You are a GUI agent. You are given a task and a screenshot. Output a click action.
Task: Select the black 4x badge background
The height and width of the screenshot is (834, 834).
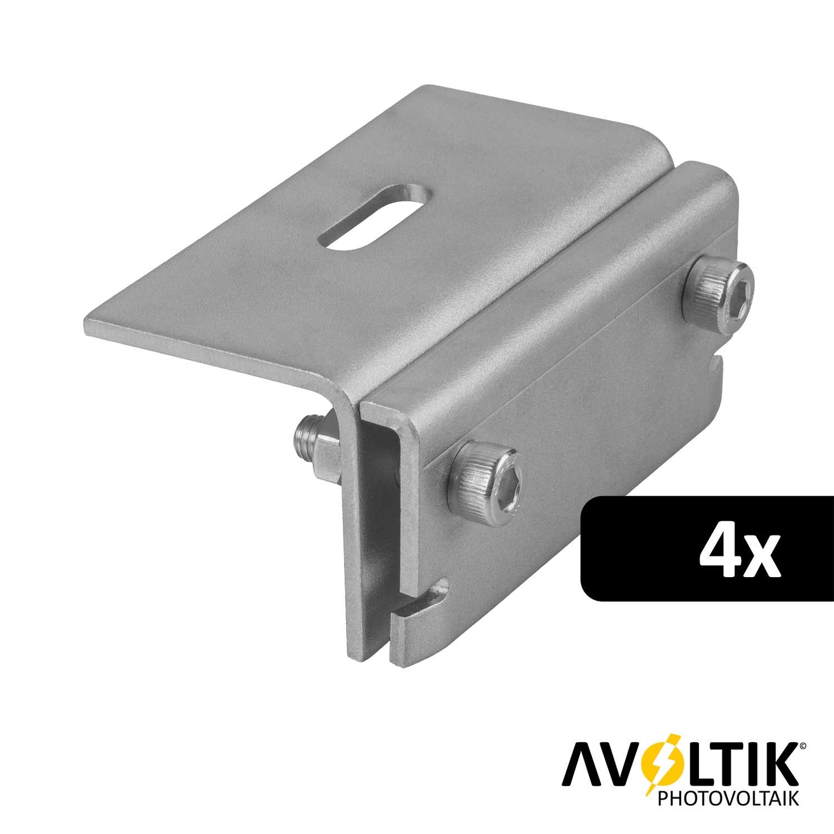707,548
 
